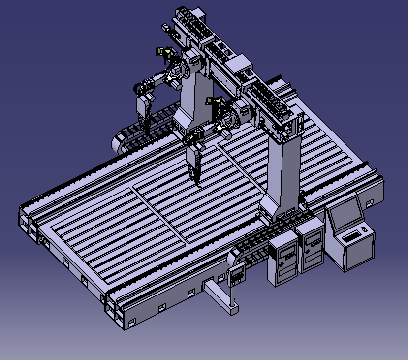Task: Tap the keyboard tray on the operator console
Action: click(352, 237)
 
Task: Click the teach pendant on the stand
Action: click(237, 275)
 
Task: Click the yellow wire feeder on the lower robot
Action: click(211, 101)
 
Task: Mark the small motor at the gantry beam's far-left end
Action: click(168, 29)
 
